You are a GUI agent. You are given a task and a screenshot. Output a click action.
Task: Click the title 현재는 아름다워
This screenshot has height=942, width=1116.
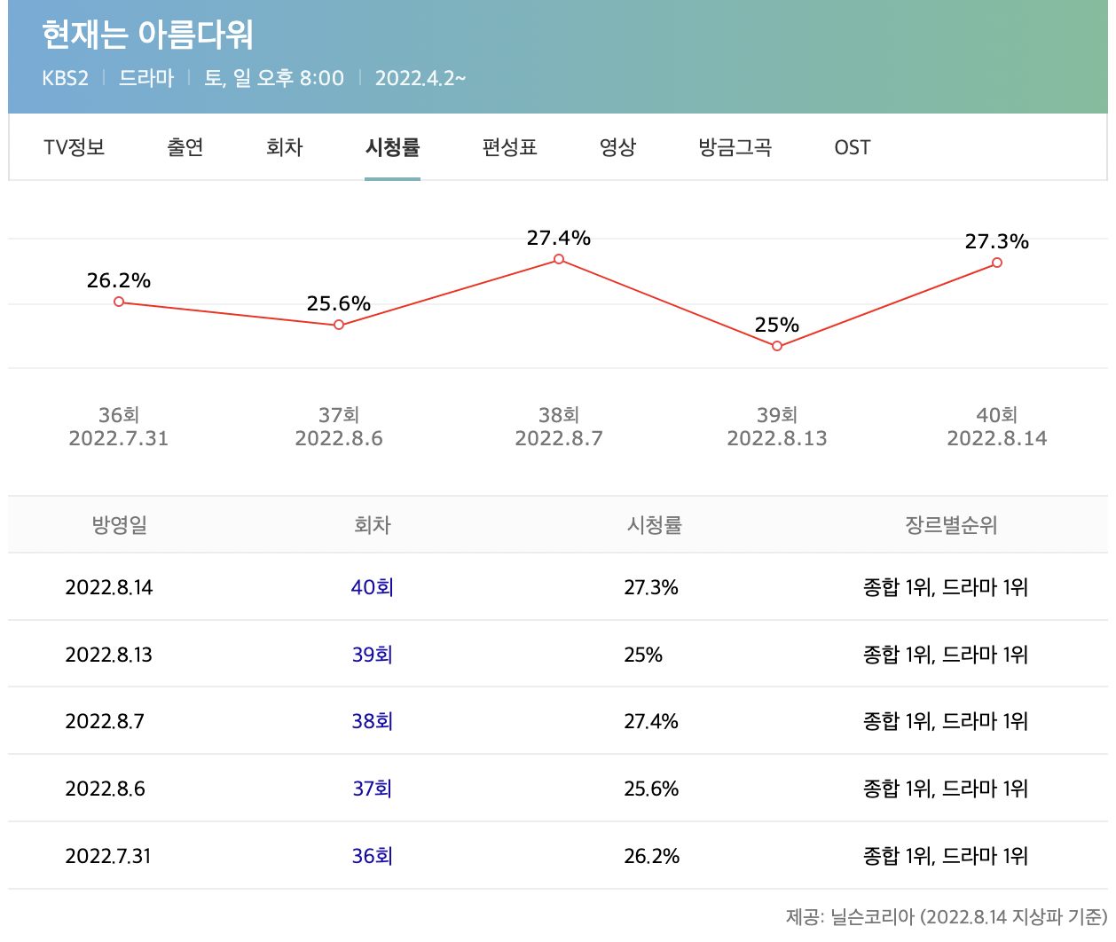[147, 35]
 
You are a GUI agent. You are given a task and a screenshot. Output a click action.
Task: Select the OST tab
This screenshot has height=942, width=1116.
[852, 147]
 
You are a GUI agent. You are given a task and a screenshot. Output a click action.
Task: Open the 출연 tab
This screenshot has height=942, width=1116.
[185, 147]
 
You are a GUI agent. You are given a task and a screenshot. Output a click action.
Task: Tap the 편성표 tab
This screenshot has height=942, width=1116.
[509, 147]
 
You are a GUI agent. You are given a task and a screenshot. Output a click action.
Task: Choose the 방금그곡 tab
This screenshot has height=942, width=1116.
[735, 147]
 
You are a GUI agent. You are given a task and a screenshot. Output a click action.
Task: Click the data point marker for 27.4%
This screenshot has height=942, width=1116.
[559, 259]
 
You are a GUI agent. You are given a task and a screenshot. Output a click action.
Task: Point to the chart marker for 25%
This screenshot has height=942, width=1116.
[777, 346]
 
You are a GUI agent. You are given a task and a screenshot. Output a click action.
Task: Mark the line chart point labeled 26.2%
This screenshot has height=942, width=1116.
[119, 302]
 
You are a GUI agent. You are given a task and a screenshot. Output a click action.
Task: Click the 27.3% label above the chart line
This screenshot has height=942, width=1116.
[996, 241]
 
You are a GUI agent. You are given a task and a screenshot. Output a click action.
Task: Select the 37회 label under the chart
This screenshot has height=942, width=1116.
[339, 415]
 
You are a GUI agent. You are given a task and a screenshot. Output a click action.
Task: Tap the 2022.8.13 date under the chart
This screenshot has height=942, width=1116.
[777, 438]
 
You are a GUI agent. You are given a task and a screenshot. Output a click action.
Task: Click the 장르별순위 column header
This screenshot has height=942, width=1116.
[951, 525]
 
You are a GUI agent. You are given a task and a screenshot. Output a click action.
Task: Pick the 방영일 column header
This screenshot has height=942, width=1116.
[119, 525]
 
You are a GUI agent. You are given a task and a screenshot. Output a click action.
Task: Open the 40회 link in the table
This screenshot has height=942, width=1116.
[373, 587]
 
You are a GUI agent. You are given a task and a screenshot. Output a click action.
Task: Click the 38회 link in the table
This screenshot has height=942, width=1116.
[373, 721]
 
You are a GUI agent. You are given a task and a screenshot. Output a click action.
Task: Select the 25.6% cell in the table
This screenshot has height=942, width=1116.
[651, 789]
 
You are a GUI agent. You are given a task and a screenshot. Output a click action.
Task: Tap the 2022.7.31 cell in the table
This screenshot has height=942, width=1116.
[108, 856]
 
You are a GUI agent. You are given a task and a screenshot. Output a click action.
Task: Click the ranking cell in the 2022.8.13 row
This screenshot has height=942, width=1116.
[946, 655]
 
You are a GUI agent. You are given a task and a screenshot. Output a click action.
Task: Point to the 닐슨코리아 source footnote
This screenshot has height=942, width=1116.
[946, 916]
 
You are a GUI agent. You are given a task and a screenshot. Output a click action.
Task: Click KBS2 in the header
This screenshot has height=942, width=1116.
[66, 78]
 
